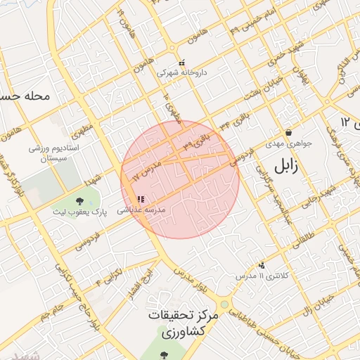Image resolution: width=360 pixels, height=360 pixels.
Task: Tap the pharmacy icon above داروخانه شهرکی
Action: click(x=181, y=63)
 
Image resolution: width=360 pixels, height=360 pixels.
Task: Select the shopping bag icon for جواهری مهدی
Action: click(x=288, y=133)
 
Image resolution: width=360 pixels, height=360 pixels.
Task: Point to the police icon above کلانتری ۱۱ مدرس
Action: click(x=262, y=266)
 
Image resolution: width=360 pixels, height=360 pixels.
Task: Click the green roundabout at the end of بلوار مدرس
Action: click(x=224, y=304)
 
